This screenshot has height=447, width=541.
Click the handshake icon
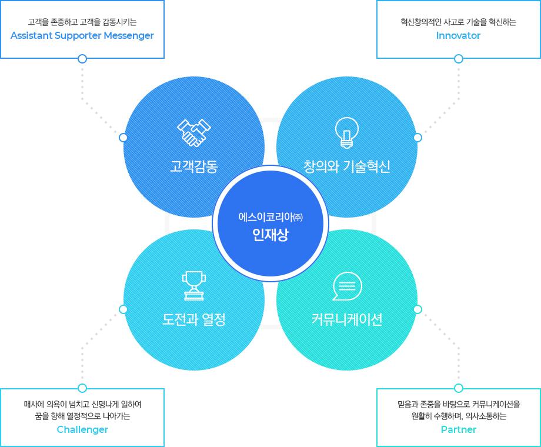(194, 133)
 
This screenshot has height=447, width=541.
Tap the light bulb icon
(347, 133)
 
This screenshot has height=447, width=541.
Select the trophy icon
(194, 285)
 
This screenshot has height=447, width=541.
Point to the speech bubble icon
(347, 286)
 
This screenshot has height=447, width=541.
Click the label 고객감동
(194, 166)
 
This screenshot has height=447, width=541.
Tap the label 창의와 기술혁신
(347, 166)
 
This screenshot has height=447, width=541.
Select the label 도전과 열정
(194, 319)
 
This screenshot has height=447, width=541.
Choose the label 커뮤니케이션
(347, 319)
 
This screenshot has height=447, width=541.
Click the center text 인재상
(270, 235)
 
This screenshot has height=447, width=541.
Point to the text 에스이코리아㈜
(270, 217)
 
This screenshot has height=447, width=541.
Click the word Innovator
(458, 35)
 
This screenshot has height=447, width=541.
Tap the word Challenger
(82, 429)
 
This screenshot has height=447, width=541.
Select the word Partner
(459, 429)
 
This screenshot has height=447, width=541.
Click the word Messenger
(129, 36)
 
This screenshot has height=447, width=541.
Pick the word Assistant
(31, 35)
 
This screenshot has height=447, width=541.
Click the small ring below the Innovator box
(459, 59)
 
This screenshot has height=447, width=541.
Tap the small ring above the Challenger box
(82, 388)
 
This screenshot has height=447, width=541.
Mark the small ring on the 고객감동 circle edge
(123, 138)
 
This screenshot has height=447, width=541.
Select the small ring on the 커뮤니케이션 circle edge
(418, 309)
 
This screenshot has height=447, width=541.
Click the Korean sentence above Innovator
(458, 22)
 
